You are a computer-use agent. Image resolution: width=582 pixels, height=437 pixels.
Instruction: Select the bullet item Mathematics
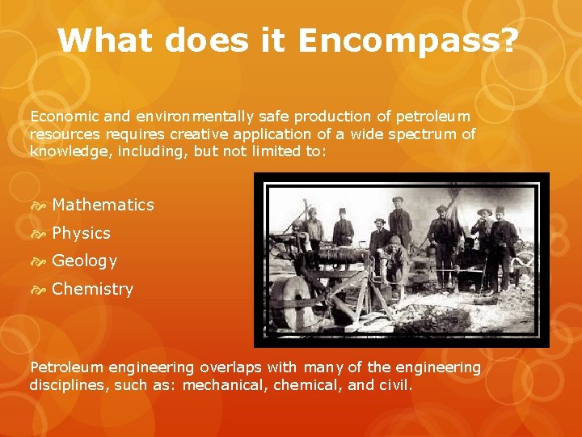103,205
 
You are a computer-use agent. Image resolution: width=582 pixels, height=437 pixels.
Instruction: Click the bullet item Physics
81,233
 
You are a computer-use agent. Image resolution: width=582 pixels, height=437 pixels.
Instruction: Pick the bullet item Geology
84,261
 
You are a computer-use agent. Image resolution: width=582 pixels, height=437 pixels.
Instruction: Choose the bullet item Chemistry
92,289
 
